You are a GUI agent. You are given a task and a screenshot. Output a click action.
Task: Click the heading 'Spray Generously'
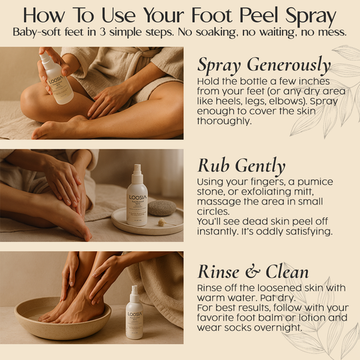pyautogui.click(x=264, y=65)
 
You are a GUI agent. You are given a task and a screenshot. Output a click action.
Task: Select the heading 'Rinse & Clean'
pyautogui.click(x=253, y=271)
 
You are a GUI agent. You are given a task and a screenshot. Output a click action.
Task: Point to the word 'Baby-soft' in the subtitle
pyautogui.click(x=40, y=32)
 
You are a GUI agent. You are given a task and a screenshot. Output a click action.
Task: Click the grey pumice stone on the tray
pyautogui.click(x=161, y=207)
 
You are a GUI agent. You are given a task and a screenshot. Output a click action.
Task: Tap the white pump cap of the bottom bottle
pyautogui.click(x=134, y=291)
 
